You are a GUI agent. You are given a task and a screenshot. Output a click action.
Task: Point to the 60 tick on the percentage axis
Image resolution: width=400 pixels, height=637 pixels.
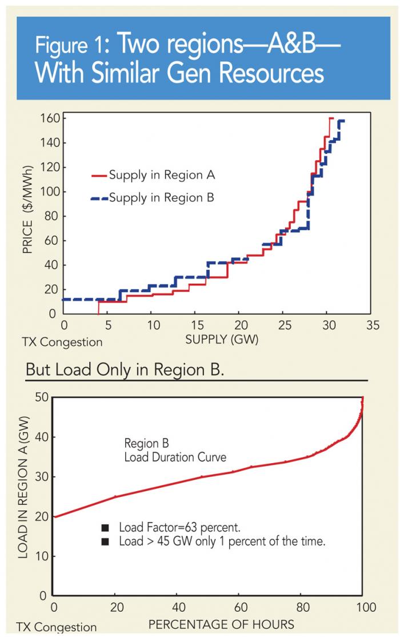coord(241,607)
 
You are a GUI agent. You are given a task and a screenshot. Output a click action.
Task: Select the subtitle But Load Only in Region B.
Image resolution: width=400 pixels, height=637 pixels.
coord(123,369)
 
